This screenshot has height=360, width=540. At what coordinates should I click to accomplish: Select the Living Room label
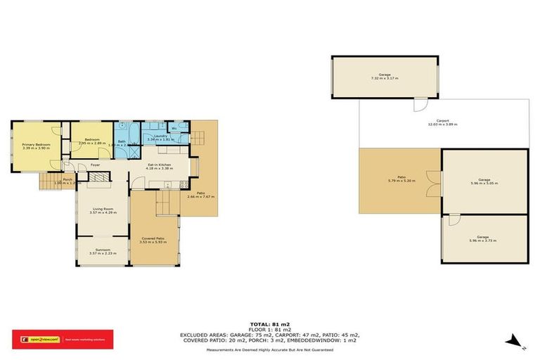click(x=103, y=209)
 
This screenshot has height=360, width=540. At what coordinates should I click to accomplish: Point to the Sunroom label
click(x=103, y=250)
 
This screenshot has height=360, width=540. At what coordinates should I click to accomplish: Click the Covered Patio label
click(x=153, y=238)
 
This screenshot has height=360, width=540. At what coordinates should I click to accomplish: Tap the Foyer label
click(x=95, y=165)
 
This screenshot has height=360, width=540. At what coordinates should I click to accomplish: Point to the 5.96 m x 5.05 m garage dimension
click(x=484, y=183)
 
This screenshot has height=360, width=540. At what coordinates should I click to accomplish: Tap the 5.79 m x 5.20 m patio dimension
click(x=401, y=181)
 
